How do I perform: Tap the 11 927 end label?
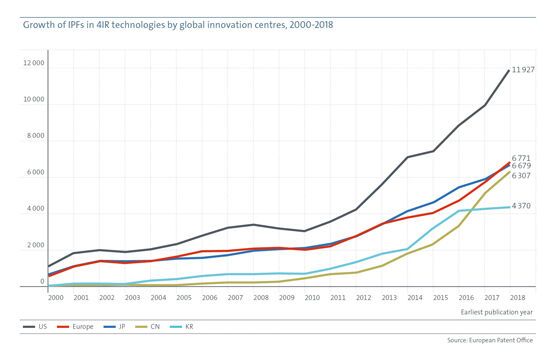pyautogui.click(x=524, y=70)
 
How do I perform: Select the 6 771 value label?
pyautogui.click(x=520, y=157)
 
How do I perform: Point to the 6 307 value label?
pyautogui.click(x=520, y=176)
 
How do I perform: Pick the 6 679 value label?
pyautogui.click(x=520, y=166)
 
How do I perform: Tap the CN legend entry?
pyautogui.click(x=176, y=325)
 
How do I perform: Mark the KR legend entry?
pyautogui.click(x=218, y=325)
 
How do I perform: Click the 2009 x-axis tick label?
pyautogui.click(x=283, y=298)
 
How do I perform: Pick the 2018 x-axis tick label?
pyautogui.click(x=517, y=298)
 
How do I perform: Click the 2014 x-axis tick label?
pyautogui.click(x=413, y=298)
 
